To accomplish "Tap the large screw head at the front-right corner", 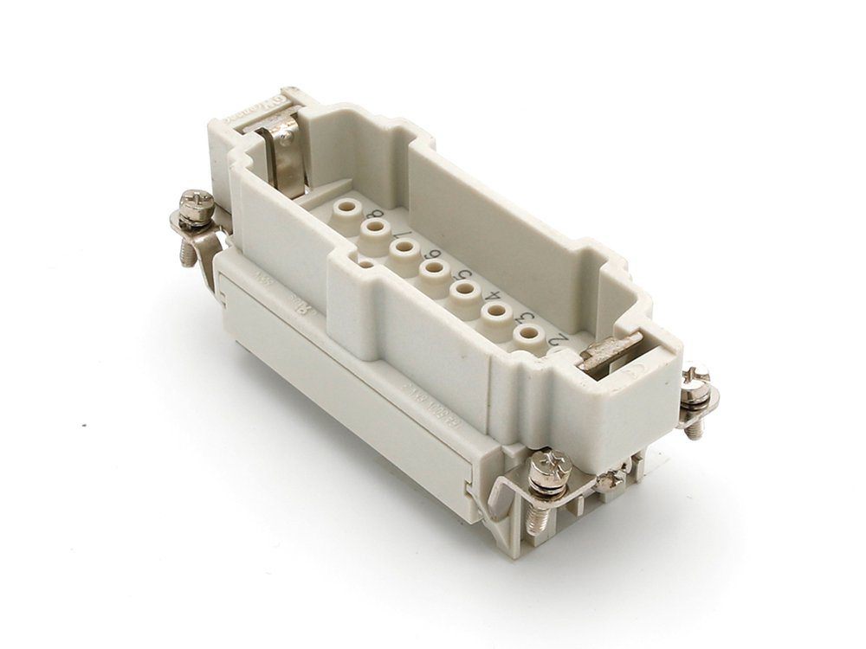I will [x=550, y=467].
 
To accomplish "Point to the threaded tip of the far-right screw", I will [x=695, y=428].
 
